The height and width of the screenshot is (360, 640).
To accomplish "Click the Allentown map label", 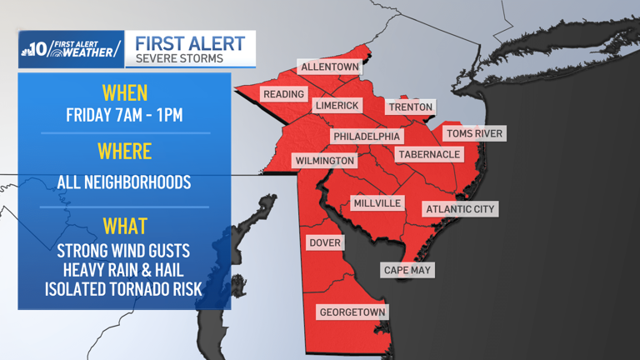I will [329, 67].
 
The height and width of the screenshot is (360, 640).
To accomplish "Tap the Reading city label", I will [283, 94].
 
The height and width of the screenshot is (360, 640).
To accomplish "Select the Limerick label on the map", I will [337, 106].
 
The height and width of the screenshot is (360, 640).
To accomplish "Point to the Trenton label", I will [410, 107].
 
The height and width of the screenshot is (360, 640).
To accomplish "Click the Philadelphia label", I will [367, 136].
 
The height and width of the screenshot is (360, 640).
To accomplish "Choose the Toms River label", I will [474, 133].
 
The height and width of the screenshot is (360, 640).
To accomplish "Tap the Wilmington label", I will [324, 160].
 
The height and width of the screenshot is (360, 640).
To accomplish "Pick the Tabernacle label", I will [428, 154].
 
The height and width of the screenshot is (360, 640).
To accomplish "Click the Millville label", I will [377, 203].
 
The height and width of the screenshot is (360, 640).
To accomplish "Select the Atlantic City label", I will [460, 209].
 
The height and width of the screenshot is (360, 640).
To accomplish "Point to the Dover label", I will [324, 242].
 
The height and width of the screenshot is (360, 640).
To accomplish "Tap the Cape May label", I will [407, 270].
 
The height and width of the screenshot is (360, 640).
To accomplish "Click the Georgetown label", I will [352, 312].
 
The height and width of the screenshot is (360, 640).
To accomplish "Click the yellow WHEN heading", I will [124, 92].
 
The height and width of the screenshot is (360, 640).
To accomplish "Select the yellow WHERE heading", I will [124, 152].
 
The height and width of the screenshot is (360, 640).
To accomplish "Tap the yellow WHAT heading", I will [124, 225].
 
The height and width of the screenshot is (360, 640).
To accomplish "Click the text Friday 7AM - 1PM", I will [124, 115].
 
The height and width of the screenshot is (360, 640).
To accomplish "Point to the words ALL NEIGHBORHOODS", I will [124, 182].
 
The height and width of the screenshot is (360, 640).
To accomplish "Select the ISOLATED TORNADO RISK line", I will [124, 288].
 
